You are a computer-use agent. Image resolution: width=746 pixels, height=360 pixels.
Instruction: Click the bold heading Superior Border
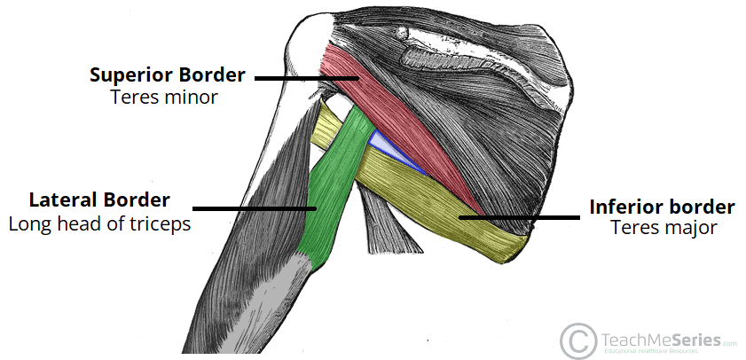click(166, 74)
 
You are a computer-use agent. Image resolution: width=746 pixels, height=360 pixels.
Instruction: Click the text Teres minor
click(164, 97)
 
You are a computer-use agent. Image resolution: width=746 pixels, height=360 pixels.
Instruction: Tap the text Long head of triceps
click(99, 223)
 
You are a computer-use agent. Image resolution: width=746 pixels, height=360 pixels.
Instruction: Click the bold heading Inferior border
click(662, 207)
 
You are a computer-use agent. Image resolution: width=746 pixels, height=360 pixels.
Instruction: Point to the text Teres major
click(664, 228)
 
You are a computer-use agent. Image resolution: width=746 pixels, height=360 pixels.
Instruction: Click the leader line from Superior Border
click(306, 79)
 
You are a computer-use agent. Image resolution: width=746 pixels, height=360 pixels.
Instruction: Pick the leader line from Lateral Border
click(255, 209)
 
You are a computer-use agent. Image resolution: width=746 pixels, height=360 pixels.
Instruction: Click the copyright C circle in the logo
click(577, 338)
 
